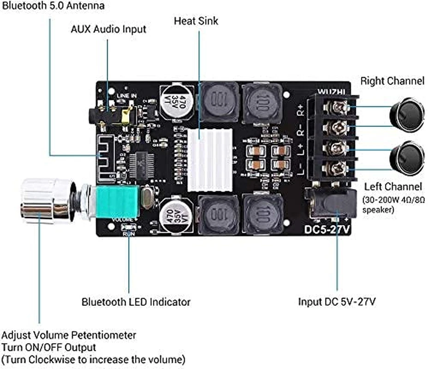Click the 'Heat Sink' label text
click(x=196, y=21)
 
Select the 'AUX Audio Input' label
click(x=108, y=29)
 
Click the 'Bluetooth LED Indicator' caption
click(x=136, y=302)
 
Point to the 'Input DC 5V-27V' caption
click(x=337, y=302)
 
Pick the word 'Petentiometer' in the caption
click(x=108, y=335)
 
